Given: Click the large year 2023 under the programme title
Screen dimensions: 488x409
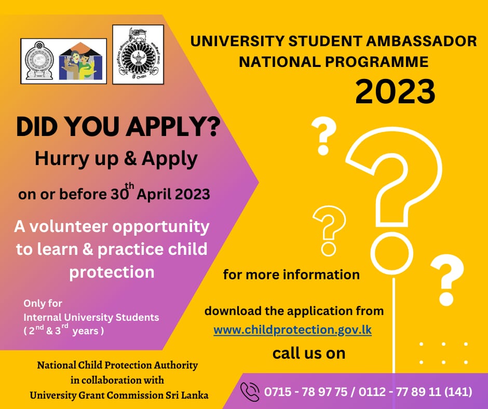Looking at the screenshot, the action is (x=395, y=91).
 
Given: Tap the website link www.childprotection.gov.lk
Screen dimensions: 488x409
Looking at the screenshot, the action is (x=293, y=330).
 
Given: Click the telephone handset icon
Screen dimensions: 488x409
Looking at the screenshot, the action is (x=250, y=391).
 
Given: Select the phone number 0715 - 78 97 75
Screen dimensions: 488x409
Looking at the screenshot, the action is (x=306, y=392).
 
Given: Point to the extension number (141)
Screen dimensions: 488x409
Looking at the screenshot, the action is (x=458, y=392).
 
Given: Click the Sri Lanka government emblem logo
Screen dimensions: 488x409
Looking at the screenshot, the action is (x=39, y=61).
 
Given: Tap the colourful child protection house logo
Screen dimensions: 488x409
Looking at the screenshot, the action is (x=81, y=61).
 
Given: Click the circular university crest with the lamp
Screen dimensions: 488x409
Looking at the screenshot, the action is (x=138, y=54).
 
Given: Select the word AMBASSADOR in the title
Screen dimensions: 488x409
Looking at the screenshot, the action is (x=421, y=41).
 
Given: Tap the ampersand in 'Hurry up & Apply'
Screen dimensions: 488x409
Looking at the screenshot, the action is (x=130, y=158).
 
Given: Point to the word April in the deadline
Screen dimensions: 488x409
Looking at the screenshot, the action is (x=154, y=195).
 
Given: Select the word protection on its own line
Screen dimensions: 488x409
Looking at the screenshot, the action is (x=112, y=272).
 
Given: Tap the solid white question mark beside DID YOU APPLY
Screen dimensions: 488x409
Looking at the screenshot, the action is (x=323, y=136).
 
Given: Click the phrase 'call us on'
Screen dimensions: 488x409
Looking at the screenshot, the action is (x=309, y=353).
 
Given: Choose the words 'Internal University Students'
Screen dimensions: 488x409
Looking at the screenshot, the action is (x=91, y=317).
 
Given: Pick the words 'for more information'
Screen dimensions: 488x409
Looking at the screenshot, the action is (x=291, y=275).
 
